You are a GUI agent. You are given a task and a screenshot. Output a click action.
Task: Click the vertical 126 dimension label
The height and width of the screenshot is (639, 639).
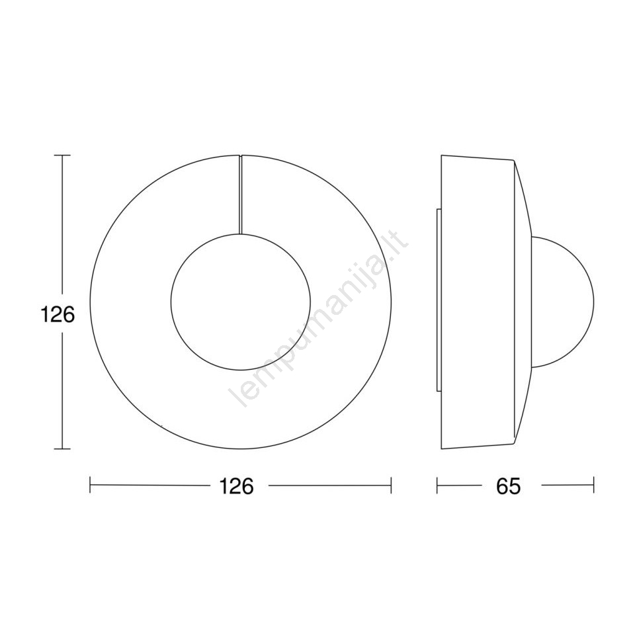point(58,315)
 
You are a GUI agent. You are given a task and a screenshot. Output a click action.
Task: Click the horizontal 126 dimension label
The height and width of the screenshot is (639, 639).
point(237,486)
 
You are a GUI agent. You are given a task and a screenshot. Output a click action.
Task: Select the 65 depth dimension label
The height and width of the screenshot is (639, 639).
point(509,486)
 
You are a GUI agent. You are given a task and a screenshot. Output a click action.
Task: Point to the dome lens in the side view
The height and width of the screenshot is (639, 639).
point(593,302)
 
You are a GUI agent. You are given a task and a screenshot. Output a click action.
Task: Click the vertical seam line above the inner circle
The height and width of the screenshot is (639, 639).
point(240,194)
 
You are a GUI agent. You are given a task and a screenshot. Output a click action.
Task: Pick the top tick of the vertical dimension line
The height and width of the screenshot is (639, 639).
point(62,155)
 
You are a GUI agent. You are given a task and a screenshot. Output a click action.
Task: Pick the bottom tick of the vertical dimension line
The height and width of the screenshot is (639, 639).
point(62,449)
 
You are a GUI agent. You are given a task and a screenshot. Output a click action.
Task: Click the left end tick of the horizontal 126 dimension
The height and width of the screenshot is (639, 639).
point(90,486)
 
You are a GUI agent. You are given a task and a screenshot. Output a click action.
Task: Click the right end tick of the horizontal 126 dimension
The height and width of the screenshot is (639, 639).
point(391,486)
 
